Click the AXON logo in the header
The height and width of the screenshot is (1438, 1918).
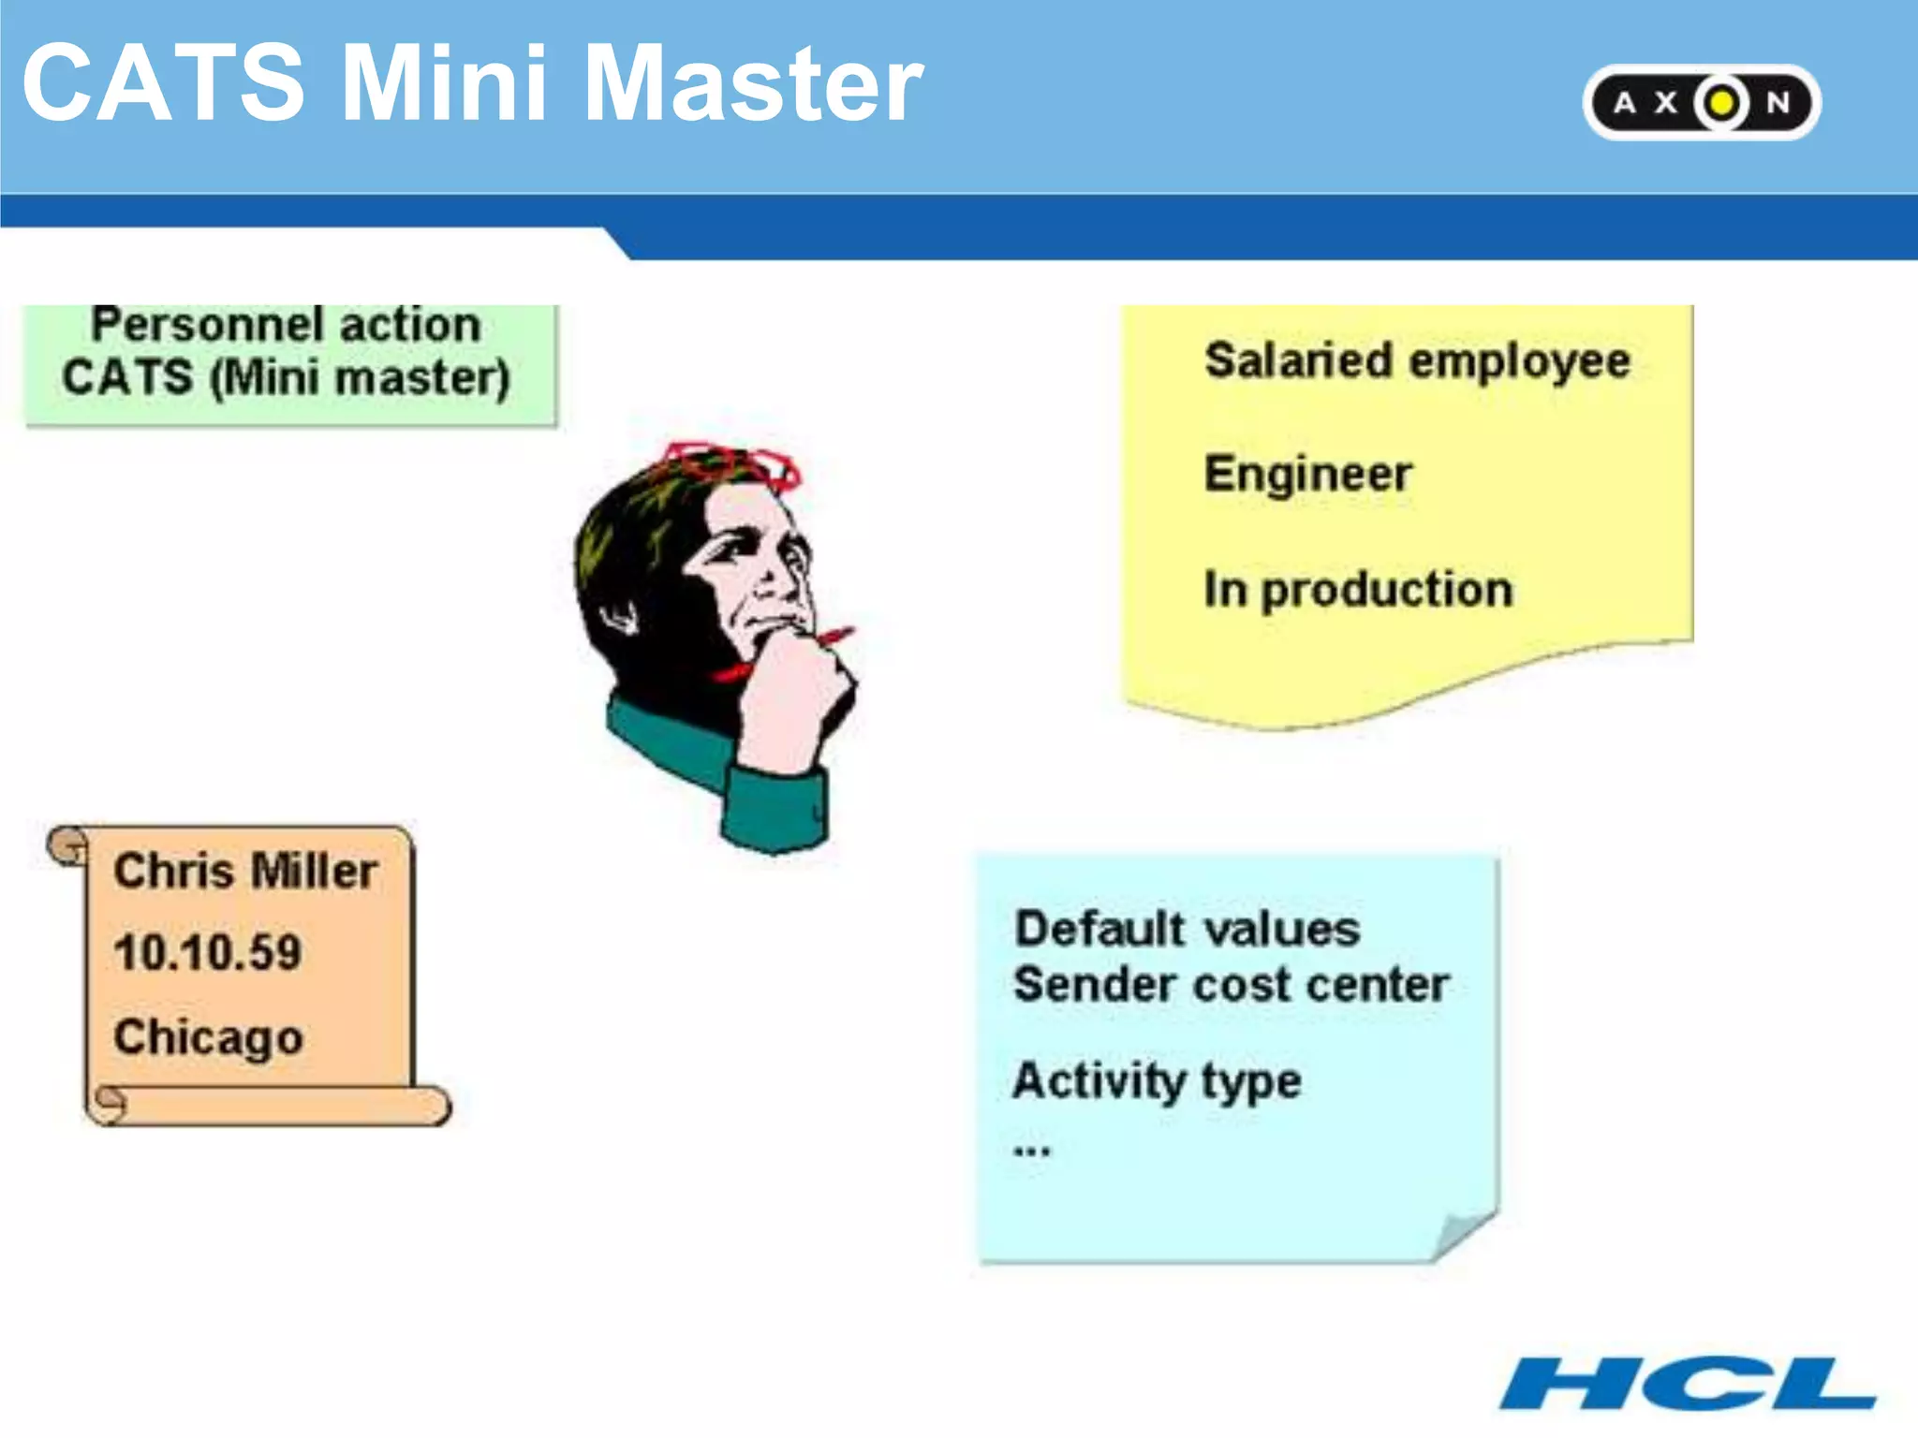(x=1701, y=102)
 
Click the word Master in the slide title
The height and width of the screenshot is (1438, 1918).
(x=754, y=84)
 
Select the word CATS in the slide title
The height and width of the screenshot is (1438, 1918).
(x=164, y=84)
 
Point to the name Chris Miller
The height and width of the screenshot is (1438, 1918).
(x=245, y=871)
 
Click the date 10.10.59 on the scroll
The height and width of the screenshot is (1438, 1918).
(x=208, y=953)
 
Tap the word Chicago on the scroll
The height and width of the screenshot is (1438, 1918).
(x=208, y=1037)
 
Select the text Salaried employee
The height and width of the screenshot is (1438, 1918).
(x=1416, y=361)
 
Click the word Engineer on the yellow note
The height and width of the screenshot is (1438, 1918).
(x=1307, y=474)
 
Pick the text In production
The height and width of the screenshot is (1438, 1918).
(x=1358, y=590)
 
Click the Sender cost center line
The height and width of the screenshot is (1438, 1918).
(x=1231, y=985)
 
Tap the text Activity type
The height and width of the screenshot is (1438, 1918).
(x=1157, y=1081)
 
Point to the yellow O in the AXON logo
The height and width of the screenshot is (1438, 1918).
(x=1721, y=102)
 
